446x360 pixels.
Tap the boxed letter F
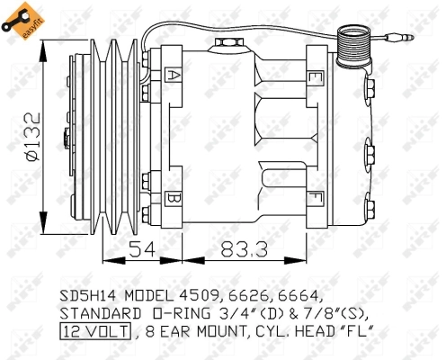tap(315, 196)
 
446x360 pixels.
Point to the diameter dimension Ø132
tap(31, 136)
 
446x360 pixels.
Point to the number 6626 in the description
tap(247, 295)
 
